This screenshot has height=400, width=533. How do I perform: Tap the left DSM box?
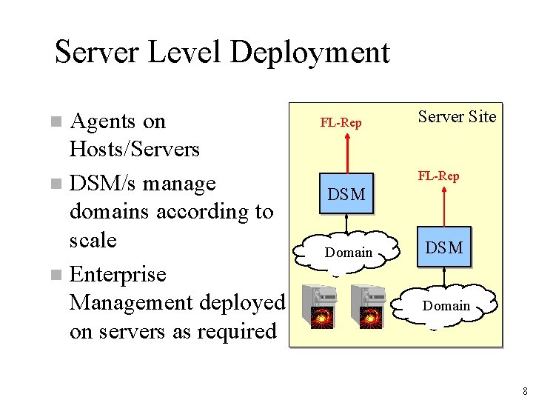[x=346, y=195]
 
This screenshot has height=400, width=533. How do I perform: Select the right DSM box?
[x=443, y=247]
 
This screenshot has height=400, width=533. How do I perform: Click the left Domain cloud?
[x=348, y=253]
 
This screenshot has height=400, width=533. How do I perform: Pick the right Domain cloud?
[x=446, y=306]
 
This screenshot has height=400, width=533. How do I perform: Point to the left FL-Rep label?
[x=341, y=123]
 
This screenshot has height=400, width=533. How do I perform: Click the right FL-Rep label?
[x=438, y=176]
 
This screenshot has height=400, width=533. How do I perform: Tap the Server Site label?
[x=457, y=116]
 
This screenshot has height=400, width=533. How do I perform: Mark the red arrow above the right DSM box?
[x=443, y=206]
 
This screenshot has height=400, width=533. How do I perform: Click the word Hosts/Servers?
[x=134, y=150]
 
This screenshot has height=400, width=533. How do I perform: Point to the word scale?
[x=93, y=241]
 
